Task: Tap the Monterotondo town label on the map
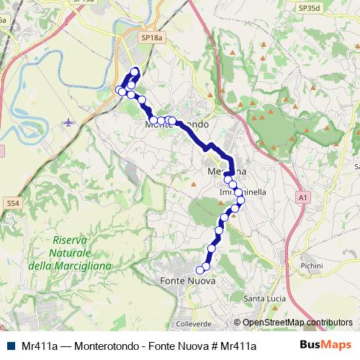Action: click(x=177, y=125)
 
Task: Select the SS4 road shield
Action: click(x=12, y=204)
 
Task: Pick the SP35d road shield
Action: click(x=310, y=8)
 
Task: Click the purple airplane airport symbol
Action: click(x=68, y=122)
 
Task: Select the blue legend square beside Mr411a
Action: click(x=11, y=346)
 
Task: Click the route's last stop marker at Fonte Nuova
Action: click(x=200, y=271)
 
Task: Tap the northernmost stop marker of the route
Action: click(x=135, y=71)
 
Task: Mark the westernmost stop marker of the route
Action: click(x=120, y=90)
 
